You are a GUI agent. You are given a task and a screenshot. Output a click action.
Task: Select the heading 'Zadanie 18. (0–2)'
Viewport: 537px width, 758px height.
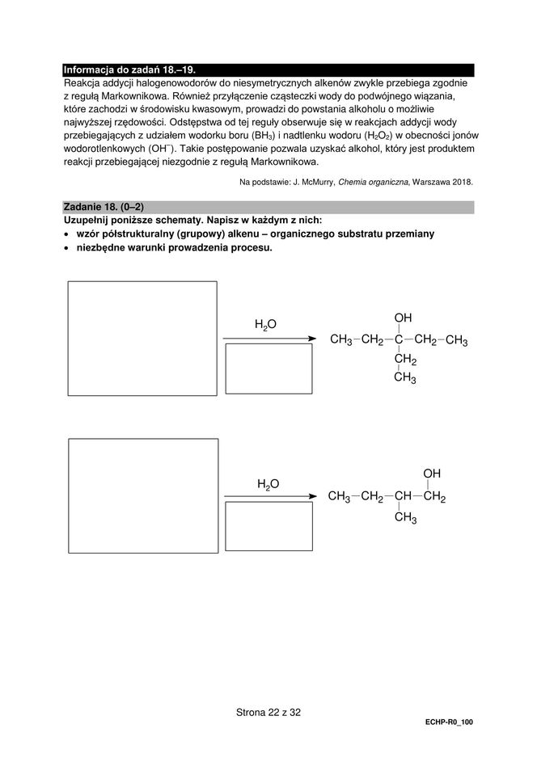click(104, 207)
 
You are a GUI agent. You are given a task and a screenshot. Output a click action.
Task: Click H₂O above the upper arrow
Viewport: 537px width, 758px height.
click(265, 324)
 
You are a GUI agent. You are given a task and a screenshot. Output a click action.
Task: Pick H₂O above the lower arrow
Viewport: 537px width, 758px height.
click(268, 483)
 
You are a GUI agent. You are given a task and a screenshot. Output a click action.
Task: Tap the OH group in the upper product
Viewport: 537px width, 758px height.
click(403, 318)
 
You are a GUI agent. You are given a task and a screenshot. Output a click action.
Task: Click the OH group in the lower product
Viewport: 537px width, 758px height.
click(432, 473)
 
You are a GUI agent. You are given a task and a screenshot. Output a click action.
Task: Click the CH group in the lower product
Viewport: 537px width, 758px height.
click(403, 496)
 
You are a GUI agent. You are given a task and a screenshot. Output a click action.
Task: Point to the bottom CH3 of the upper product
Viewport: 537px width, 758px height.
click(404, 378)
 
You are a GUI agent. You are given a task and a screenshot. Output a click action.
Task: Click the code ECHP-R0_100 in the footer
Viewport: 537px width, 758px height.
click(447, 722)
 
